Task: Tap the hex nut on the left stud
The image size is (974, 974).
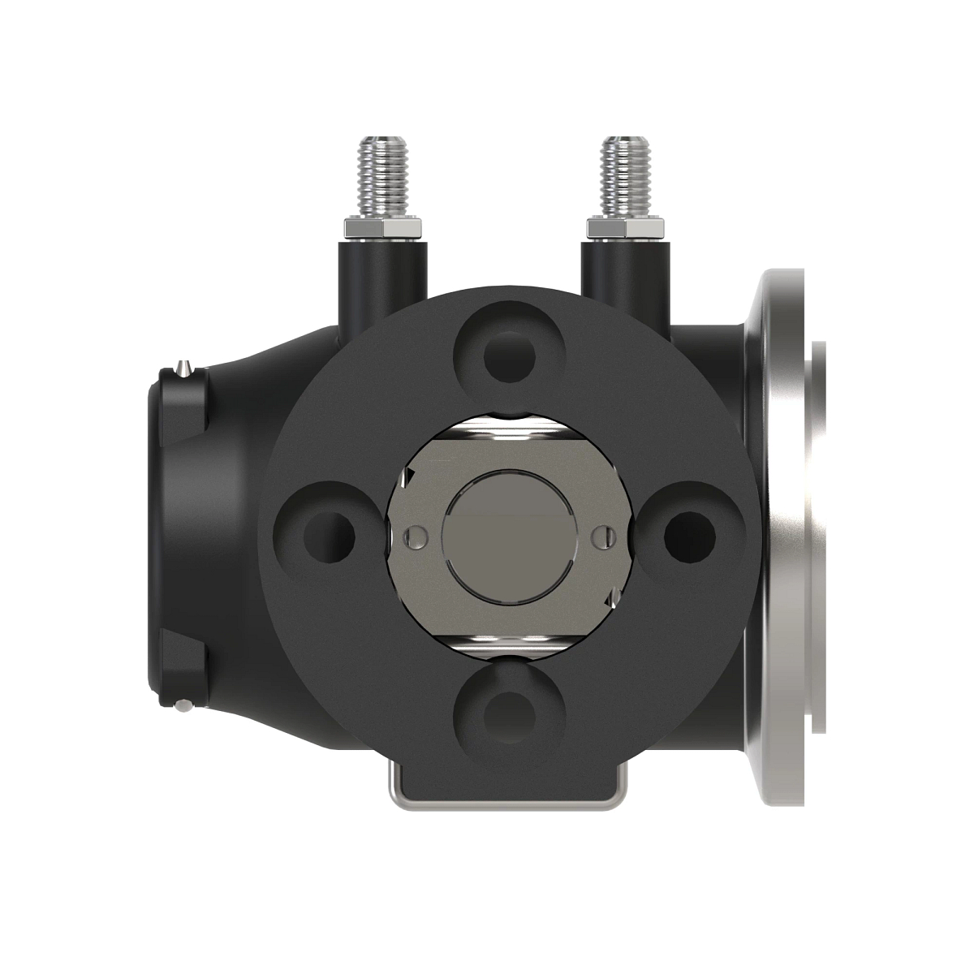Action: (x=384, y=227)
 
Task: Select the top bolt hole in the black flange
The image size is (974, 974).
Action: (x=509, y=355)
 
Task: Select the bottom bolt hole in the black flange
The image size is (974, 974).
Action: (x=509, y=713)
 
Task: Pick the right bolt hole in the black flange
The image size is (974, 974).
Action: (x=689, y=534)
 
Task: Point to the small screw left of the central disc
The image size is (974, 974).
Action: (x=416, y=536)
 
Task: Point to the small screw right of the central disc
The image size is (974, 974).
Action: (x=601, y=535)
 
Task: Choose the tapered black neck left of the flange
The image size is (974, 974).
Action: (x=243, y=536)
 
